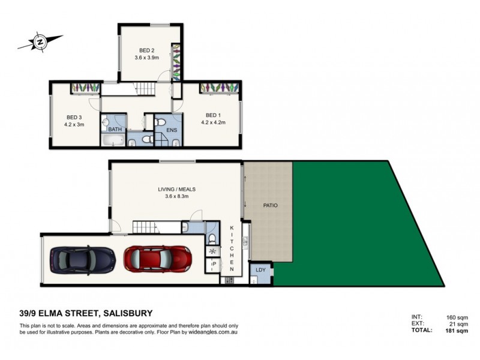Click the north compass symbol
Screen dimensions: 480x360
[x=40, y=41]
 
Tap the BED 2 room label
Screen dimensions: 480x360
[x=146, y=50]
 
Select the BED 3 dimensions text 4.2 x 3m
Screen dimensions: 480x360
[x=74, y=125]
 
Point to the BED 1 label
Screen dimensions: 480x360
[x=213, y=115]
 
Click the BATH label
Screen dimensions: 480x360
[x=115, y=129]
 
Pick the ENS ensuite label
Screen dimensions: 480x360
[x=172, y=130]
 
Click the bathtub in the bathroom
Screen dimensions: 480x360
[x=113, y=140]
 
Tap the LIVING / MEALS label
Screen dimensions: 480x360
[x=176, y=189]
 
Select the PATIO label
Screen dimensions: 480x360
[x=271, y=205]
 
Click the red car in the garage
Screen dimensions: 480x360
[x=158, y=259]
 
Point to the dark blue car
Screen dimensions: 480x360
[x=83, y=260]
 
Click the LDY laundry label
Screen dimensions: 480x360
[x=260, y=270]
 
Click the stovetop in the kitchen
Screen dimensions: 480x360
[x=230, y=280]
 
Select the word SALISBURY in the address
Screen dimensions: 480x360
[x=128, y=313]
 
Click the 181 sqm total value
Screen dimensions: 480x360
[x=457, y=331]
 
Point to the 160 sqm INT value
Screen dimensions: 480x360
[x=457, y=317]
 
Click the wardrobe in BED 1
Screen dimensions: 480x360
[x=219, y=88]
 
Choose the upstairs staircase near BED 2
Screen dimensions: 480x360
[x=145, y=89]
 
